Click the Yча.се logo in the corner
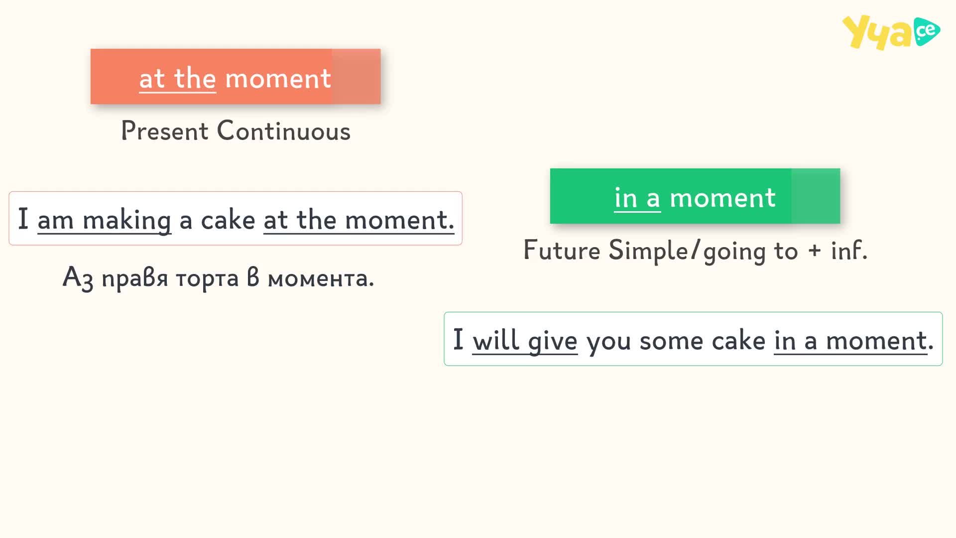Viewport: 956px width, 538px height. (x=891, y=32)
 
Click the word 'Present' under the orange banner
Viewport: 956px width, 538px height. (x=165, y=131)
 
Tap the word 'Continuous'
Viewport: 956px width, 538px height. (x=284, y=131)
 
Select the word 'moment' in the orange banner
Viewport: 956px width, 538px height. (x=278, y=79)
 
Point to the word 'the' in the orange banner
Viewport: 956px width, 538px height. (x=195, y=78)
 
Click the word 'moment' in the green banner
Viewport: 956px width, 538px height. (x=722, y=198)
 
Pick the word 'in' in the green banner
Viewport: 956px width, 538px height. (x=626, y=198)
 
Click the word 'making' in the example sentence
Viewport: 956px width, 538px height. (x=127, y=220)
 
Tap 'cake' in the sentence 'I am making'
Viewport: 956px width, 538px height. (x=228, y=220)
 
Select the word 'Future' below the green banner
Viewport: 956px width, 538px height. (x=562, y=250)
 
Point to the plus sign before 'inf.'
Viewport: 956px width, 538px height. (x=815, y=251)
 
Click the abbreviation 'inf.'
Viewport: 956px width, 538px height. (x=849, y=250)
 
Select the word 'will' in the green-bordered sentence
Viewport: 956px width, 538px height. (x=495, y=340)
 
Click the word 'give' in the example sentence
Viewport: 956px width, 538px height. (x=553, y=341)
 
